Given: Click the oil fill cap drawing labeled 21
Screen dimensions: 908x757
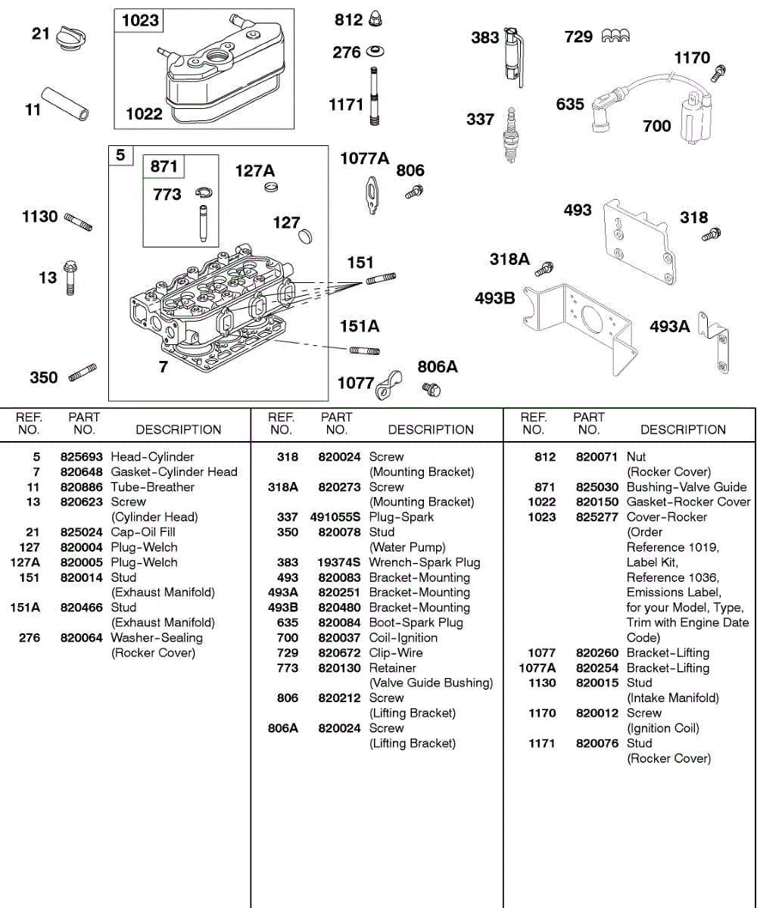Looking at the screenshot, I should click(x=72, y=36).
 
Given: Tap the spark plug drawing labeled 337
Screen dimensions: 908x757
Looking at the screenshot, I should click(x=512, y=134).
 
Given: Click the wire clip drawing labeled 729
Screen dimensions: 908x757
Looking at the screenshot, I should click(x=615, y=36).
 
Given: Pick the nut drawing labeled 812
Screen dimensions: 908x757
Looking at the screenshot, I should click(x=374, y=20).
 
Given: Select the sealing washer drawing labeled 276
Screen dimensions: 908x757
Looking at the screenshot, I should click(x=374, y=52).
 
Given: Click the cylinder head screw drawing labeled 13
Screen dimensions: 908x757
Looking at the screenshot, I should click(x=70, y=278).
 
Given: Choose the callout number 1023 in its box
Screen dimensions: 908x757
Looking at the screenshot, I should click(x=141, y=20).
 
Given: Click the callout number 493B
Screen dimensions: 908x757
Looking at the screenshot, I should click(x=494, y=298).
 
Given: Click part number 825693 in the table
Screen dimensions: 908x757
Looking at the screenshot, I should click(x=82, y=457).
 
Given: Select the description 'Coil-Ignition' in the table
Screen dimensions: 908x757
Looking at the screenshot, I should click(x=403, y=638).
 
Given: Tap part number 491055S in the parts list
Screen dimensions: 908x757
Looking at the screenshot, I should click(x=335, y=518).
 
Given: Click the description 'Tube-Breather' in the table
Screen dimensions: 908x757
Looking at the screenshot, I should click(x=152, y=487).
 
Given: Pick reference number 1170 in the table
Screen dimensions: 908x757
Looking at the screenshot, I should click(x=541, y=714).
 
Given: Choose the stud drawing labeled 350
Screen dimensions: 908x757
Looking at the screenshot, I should click(x=82, y=373).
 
